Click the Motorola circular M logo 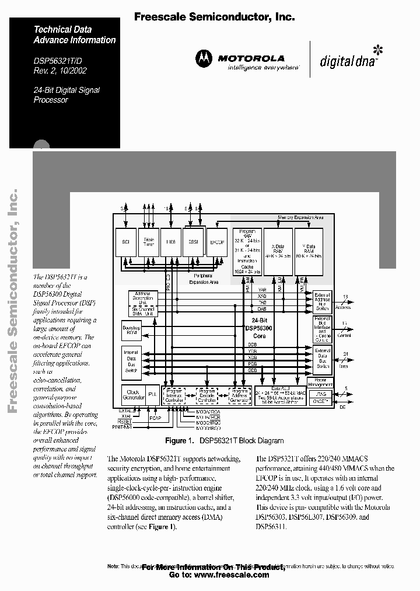coord(204,58)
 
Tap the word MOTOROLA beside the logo coord(251,58)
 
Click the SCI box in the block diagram coord(125,241)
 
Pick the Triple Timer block coord(149,241)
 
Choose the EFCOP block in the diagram coord(216,241)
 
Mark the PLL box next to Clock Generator coord(152,395)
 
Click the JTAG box coord(323,394)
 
